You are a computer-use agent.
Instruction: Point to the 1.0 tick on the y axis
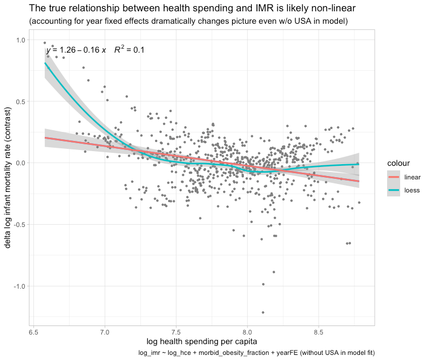[20, 40]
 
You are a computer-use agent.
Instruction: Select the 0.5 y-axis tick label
[20, 102]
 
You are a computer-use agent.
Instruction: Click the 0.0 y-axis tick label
[20, 163]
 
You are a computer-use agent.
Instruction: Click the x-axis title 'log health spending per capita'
[201, 341]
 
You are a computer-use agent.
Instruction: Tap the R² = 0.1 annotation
[129, 50]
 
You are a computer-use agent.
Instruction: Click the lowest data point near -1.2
[263, 312]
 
